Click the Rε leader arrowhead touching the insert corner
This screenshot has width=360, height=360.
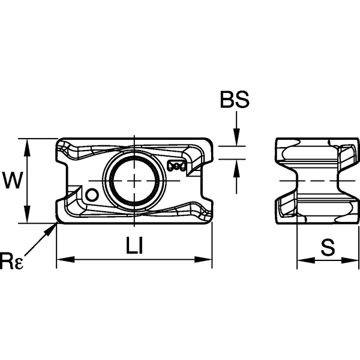[x=54, y=226]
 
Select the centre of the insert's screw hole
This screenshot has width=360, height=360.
[x=133, y=181]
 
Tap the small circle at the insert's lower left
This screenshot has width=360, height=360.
[x=92, y=195]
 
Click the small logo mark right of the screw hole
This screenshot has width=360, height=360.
[x=177, y=166]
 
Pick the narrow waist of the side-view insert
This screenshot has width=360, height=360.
[x=312, y=181]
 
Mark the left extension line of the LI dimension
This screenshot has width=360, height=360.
[x=56, y=246]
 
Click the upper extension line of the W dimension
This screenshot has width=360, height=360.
[x=39, y=138]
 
